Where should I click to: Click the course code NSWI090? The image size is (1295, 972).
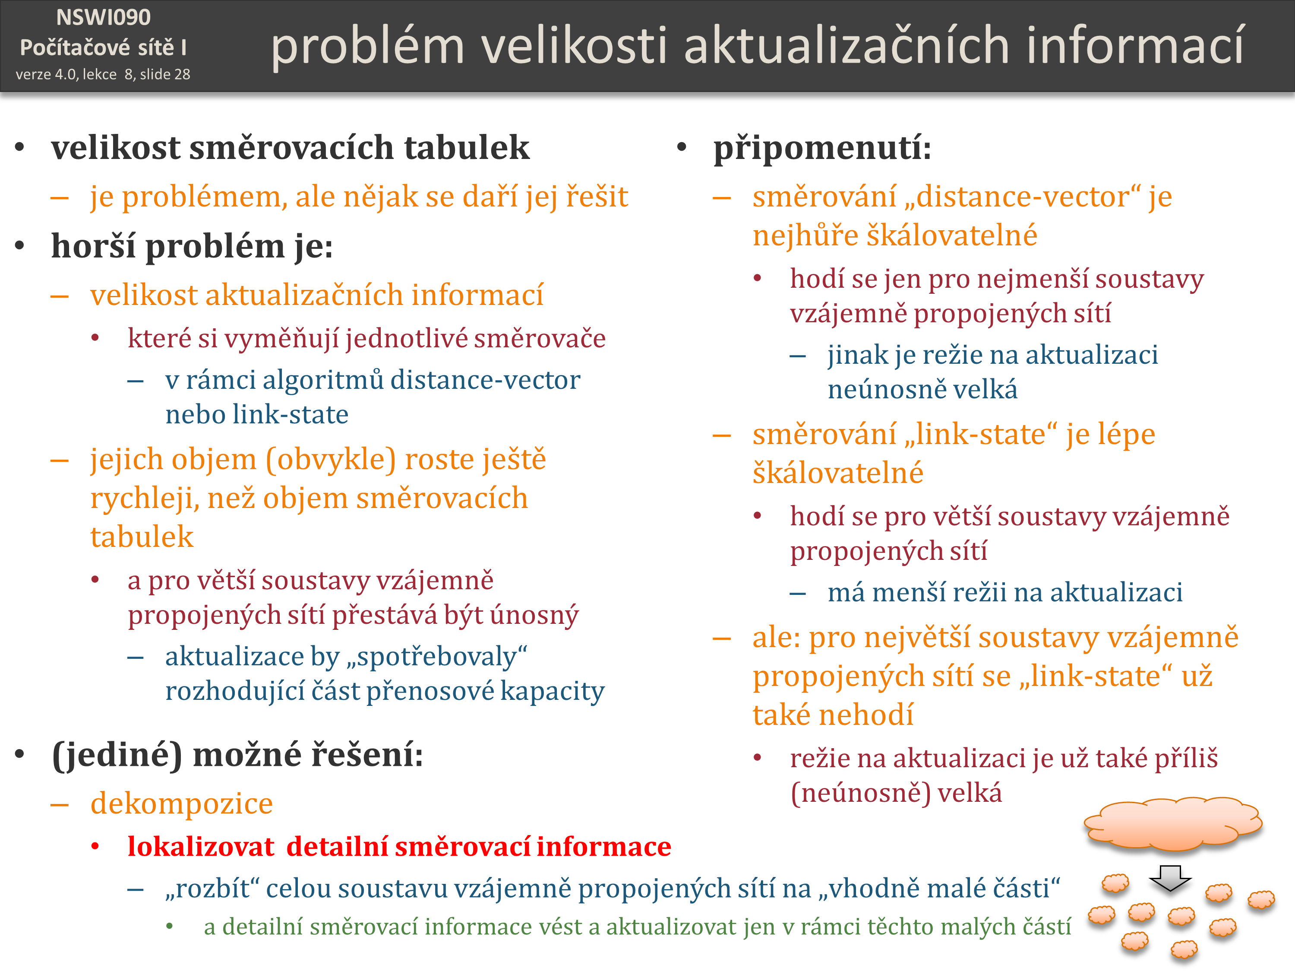point(104,18)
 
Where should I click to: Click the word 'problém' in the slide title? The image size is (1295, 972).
point(368,47)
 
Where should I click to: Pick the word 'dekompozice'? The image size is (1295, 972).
point(181,804)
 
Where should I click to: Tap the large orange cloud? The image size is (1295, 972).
point(1173,823)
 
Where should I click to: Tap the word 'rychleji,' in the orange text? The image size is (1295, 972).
point(143,500)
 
